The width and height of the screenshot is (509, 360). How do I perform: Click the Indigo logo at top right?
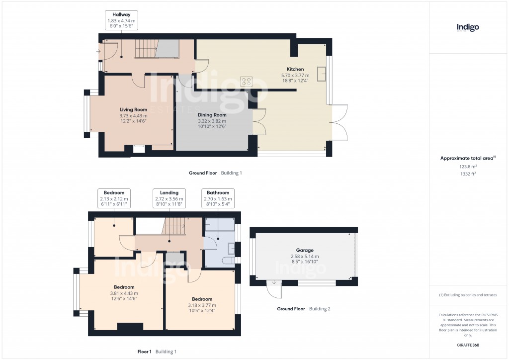[468, 28]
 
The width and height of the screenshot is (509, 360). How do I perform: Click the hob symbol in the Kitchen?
[246, 81]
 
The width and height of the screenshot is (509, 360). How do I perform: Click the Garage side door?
[274, 285]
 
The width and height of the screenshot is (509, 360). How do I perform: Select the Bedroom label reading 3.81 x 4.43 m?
[124, 292]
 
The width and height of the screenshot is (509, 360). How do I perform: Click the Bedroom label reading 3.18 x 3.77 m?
[202, 305]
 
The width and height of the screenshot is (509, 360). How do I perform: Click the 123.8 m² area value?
[467, 167]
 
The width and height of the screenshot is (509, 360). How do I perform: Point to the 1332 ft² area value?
[467, 174]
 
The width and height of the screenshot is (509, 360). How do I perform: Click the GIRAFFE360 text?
[467, 345]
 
